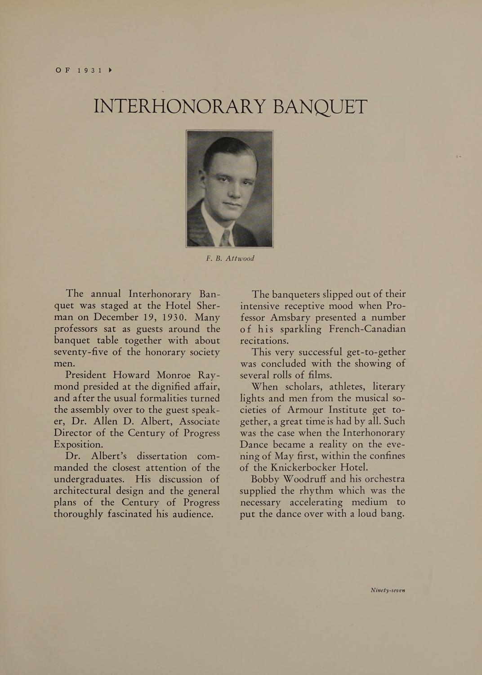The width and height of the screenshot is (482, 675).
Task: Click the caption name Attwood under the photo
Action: (x=240, y=258)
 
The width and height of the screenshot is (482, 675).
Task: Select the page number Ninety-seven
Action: (x=388, y=590)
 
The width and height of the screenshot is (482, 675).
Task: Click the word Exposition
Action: (x=78, y=444)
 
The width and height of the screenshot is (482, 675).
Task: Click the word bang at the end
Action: (x=392, y=513)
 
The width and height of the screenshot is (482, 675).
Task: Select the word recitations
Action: (x=264, y=340)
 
